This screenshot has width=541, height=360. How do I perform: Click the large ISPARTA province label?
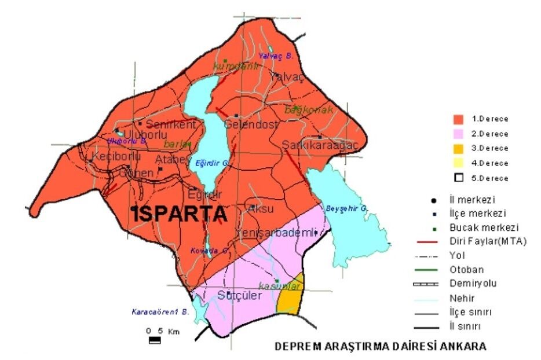(179, 214)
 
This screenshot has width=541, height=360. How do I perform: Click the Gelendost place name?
(251, 124)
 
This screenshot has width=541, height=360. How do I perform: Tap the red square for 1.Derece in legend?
(459, 119)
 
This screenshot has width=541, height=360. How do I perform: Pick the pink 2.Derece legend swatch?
(459, 133)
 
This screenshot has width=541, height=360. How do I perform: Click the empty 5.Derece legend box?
(459, 178)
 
